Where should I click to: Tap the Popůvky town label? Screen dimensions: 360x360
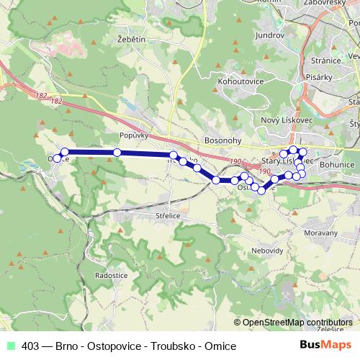point(134,135)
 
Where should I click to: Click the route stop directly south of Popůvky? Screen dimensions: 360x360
point(117,153)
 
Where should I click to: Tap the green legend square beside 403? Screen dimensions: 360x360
point(10,346)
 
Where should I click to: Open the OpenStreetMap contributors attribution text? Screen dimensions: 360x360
point(297,323)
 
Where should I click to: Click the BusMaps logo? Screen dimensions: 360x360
point(326,345)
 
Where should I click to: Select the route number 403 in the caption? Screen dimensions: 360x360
point(30,346)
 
